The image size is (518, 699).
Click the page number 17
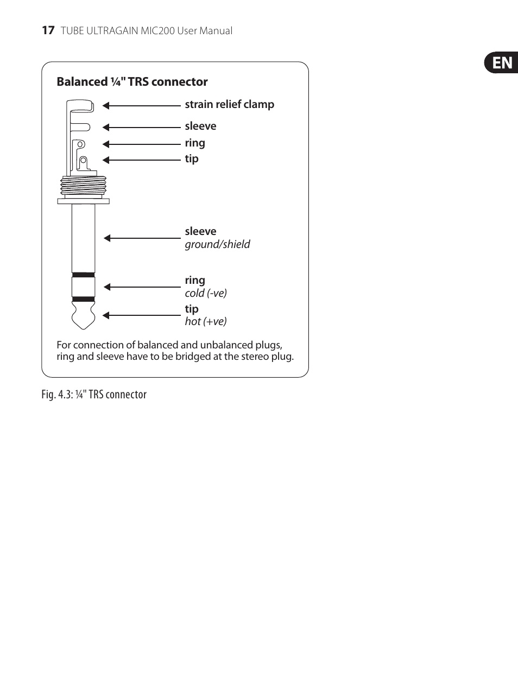coord(48,30)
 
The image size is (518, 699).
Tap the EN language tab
coord(502,63)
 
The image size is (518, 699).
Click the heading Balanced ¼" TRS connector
coord(132,82)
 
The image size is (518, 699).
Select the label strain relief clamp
coord(229,104)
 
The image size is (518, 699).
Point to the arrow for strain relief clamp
coord(141,106)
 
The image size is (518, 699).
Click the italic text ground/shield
coord(217,244)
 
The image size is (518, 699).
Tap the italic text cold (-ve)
coord(206,293)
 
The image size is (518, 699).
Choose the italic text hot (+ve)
coord(206,321)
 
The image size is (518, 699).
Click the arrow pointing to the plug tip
coord(141,315)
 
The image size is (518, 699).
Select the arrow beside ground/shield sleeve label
coord(142,238)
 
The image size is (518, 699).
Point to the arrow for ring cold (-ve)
coord(142,287)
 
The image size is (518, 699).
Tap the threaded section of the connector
coord(83,186)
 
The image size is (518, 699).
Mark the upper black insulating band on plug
coord(83,275)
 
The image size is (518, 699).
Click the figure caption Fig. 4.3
coord(94,395)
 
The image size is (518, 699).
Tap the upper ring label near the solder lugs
coord(195,143)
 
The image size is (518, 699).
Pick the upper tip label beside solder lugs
coord(192,159)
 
